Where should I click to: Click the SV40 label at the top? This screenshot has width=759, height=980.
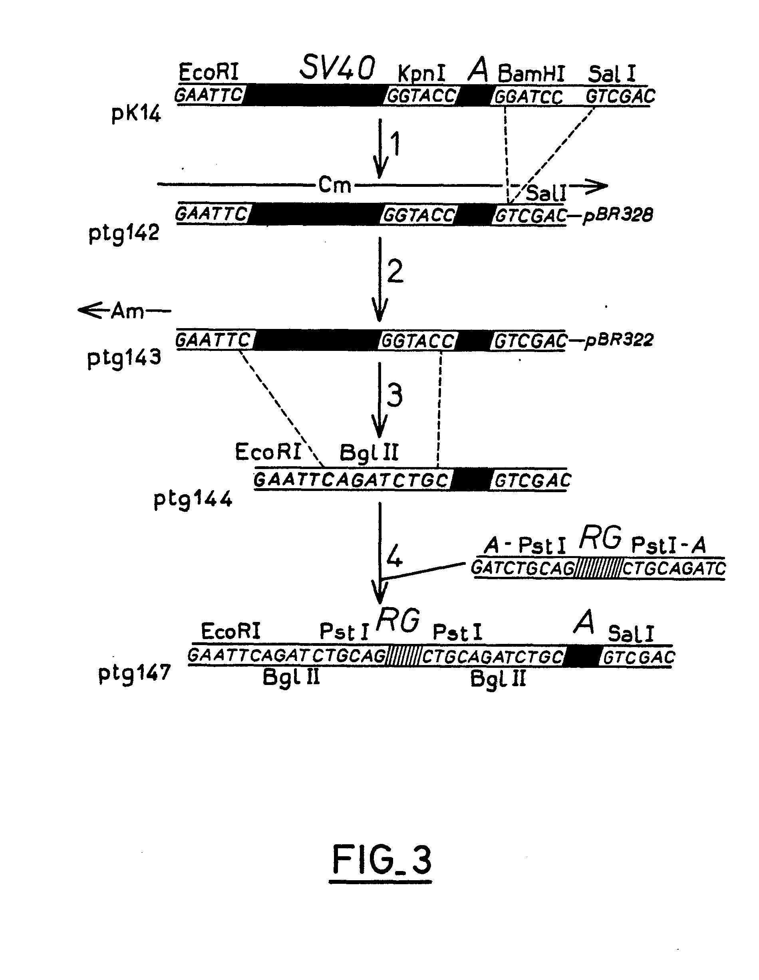click(x=337, y=68)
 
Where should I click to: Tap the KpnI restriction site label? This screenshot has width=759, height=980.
click(x=421, y=73)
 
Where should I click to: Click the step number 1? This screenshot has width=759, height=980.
click(x=395, y=144)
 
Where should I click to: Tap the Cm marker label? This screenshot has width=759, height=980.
click(x=335, y=185)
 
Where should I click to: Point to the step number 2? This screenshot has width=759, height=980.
click(x=395, y=271)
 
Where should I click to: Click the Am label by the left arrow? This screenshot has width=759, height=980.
click(x=127, y=310)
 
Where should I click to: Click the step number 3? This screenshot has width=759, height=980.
click(x=395, y=395)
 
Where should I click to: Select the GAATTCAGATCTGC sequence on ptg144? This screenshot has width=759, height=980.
click(x=351, y=480)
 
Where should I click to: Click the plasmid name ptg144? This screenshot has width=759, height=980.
click(x=193, y=499)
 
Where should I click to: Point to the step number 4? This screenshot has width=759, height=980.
click(x=394, y=556)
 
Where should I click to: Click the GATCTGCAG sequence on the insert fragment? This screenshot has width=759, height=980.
click(x=523, y=568)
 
